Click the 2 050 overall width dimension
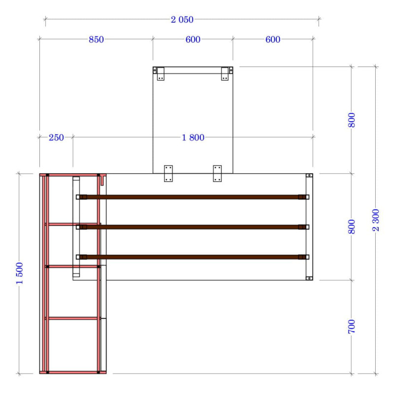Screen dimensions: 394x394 pyautogui.click(x=182, y=20)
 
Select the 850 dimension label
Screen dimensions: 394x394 pyautogui.click(x=96, y=39)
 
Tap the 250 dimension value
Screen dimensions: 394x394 pyautogui.click(x=56, y=138)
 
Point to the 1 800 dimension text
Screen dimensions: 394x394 pyautogui.click(x=193, y=138)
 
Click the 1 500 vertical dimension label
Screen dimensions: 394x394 pyautogui.click(x=20, y=273)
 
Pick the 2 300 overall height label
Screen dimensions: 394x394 pyautogui.click(x=376, y=220)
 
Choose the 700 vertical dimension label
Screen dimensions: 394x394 pyautogui.click(x=352, y=327)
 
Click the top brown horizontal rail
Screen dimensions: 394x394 pyautogui.click(x=193, y=197)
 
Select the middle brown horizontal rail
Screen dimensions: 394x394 pyautogui.click(x=193, y=227)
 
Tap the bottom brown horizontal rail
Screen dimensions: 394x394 pyautogui.click(x=193, y=257)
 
